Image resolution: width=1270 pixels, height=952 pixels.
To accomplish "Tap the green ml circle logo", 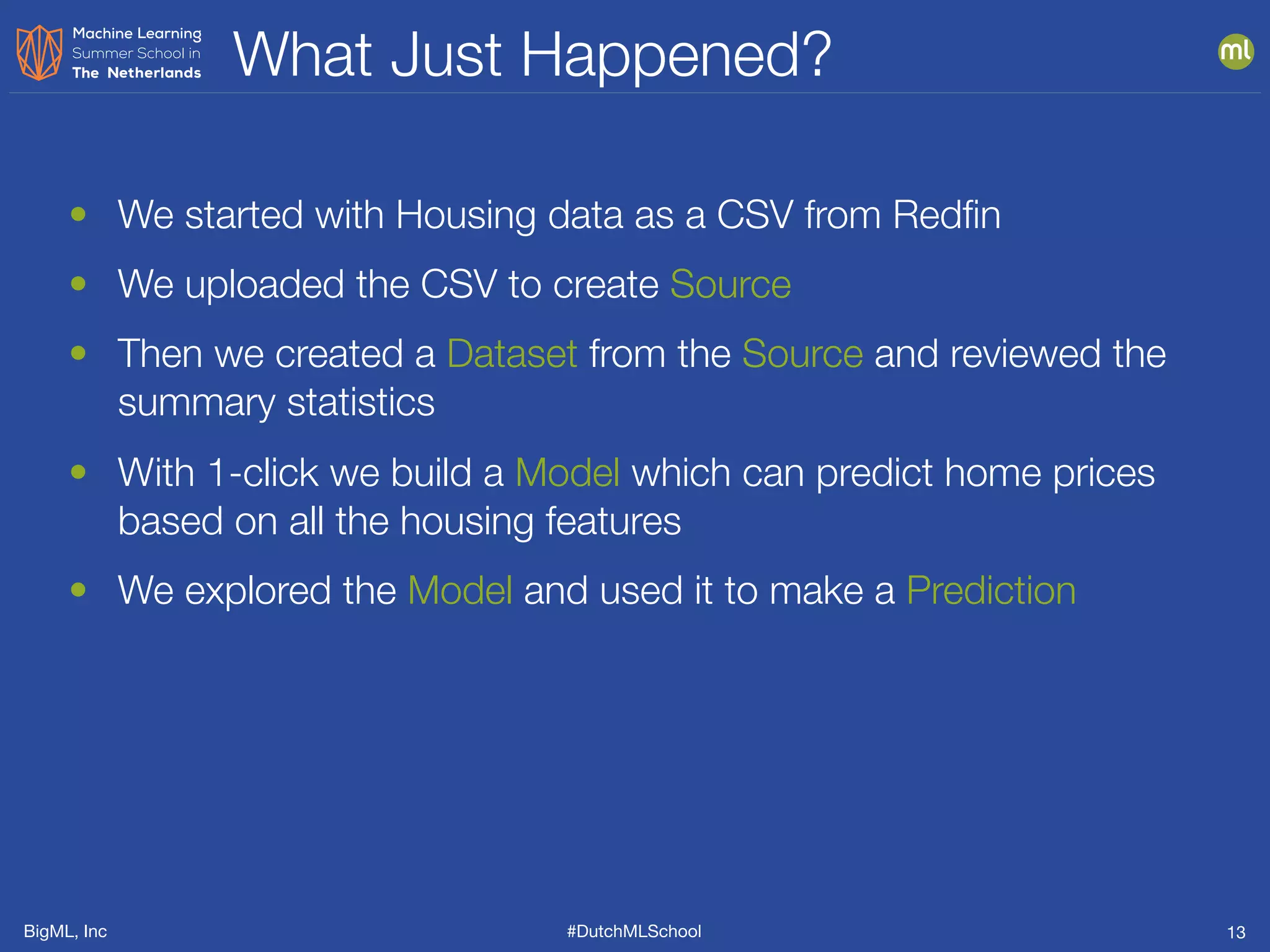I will (x=1235, y=51).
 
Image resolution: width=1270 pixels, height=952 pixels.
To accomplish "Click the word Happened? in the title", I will (x=675, y=56).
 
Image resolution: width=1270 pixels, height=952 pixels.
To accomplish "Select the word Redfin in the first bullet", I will (x=946, y=215).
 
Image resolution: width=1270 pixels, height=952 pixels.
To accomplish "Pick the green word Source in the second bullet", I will (x=730, y=284).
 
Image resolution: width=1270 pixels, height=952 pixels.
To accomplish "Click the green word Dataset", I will (x=512, y=354).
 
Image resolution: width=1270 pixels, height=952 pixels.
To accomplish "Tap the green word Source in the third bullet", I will (x=802, y=354).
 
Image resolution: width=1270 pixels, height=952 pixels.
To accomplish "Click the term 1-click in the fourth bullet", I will (x=263, y=473).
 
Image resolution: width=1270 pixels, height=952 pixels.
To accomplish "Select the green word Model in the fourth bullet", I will (x=567, y=473).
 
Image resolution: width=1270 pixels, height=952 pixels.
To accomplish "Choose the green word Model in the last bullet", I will (x=460, y=590).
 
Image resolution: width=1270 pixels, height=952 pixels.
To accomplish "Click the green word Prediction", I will (x=990, y=590).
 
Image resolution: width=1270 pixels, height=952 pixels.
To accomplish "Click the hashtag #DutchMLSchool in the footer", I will (x=634, y=931).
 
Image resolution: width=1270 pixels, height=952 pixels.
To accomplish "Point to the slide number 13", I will (x=1236, y=932).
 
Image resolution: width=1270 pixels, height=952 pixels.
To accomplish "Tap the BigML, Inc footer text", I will (x=65, y=931).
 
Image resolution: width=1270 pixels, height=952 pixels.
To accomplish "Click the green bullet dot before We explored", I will (x=78, y=589).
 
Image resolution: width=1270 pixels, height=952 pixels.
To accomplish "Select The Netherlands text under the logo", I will (x=136, y=73).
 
